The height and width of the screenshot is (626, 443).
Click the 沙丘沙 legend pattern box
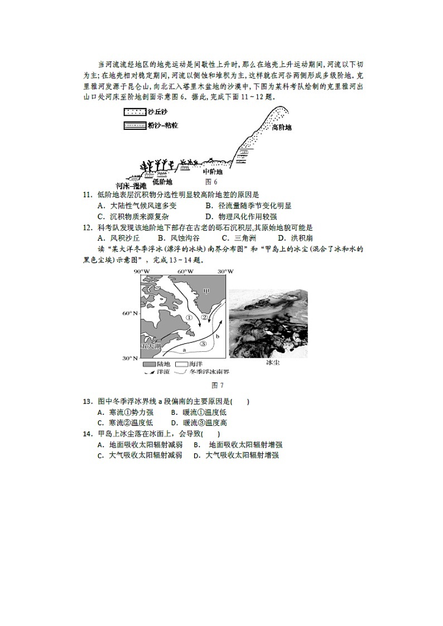click(x=134, y=112)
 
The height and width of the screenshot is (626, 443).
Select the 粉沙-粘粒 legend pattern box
click(x=134, y=126)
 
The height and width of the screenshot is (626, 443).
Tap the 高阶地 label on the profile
click(x=282, y=127)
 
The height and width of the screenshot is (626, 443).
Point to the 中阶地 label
click(x=213, y=172)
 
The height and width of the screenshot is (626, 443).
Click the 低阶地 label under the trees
click(x=162, y=182)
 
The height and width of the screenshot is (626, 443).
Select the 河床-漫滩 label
click(x=131, y=185)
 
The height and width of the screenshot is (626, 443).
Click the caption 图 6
click(x=211, y=182)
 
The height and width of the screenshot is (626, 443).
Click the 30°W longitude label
click(x=225, y=271)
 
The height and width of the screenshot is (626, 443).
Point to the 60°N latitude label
click(x=129, y=313)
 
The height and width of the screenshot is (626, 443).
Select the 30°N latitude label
click(x=129, y=358)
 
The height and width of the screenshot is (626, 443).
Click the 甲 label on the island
click(x=206, y=290)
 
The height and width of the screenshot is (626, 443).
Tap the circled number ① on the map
click(x=189, y=318)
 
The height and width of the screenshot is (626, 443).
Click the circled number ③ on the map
click(x=203, y=344)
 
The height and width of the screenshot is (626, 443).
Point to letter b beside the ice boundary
click(x=217, y=337)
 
